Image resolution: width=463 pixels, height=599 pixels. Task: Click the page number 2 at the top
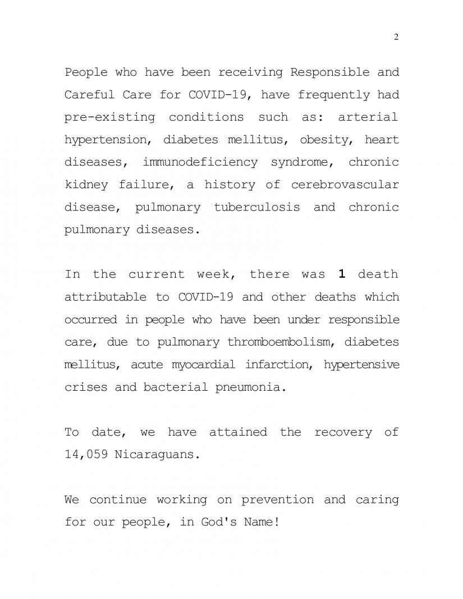click(396, 37)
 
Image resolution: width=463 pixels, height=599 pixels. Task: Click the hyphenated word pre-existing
click(109, 117)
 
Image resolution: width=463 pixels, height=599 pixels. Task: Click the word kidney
click(86, 185)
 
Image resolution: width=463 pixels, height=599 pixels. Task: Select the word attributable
click(104, 297)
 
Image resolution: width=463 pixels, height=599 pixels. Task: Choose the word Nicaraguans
click(157, 455)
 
